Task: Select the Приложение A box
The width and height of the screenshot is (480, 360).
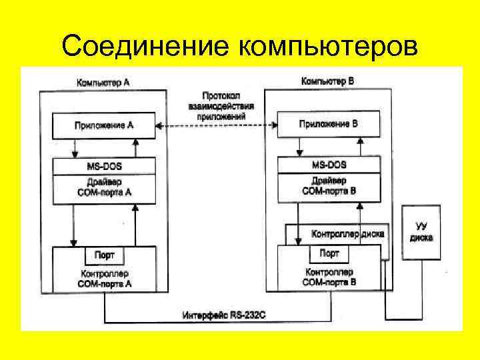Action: coord(104,125)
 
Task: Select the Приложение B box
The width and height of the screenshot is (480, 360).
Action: coord(329,124)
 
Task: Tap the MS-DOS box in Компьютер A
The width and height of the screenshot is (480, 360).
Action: coord(104,166)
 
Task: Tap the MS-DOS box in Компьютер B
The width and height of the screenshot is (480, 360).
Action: coord(329,165)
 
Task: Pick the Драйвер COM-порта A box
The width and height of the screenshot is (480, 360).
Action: coord(104,187)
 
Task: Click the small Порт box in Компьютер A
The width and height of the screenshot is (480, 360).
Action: coord(104,255)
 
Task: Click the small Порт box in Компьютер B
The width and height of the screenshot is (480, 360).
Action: coord(329,253)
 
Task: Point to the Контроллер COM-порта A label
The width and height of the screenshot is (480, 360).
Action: coord(104,278)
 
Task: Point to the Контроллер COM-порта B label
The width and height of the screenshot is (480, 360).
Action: coord(329,277)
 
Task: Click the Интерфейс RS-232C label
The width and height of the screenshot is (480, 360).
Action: coord(224,314)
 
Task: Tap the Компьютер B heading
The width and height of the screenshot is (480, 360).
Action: coord(327,81)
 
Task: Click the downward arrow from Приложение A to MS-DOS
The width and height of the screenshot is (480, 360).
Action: coord(73,147)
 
